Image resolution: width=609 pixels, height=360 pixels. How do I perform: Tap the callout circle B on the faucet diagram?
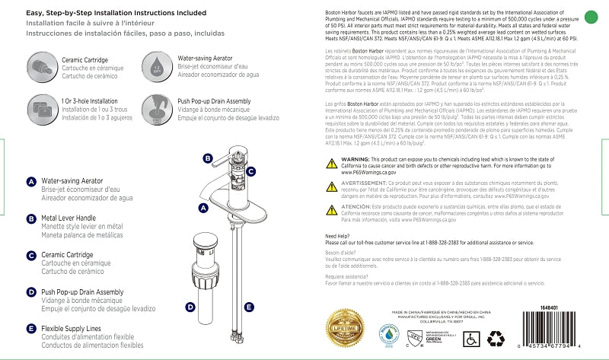[x=207, y=158]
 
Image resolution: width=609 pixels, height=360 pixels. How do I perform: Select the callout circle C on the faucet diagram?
[x=250, y=173]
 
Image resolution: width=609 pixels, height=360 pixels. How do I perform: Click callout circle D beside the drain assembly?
[x=190, y=307]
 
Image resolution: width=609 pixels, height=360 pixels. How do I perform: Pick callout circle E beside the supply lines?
[x=248, y=307]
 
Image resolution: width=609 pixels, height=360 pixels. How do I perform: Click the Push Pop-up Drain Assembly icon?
[x=155, y=107]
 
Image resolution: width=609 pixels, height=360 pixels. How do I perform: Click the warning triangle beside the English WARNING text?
[x=331, y=163]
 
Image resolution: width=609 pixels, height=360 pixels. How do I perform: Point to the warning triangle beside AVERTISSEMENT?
[x=331, y=184]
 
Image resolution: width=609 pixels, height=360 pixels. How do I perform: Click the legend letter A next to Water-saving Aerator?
[x=31, y=182]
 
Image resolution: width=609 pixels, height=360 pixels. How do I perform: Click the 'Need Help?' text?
[x=337, y=236]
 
